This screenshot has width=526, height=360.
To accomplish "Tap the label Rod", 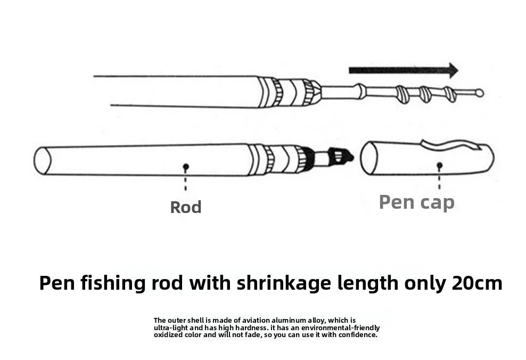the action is coord(186,207).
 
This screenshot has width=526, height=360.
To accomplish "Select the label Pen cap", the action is coord(417,202).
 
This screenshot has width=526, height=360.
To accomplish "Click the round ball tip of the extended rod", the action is coord(480,93).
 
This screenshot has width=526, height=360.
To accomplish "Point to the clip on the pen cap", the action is coord(449,145).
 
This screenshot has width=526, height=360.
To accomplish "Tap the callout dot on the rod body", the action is coord(185,167).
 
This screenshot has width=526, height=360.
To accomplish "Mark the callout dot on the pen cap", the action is coord(439,166).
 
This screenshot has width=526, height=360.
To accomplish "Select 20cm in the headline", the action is coord(476,282).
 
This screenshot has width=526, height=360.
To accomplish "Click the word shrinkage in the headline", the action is coord(284,283).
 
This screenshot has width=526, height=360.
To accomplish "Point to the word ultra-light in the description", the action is coord(171,328).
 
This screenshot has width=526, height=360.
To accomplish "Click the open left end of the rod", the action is coord(42,161).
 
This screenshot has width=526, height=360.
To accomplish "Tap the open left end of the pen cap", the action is coord(369,158).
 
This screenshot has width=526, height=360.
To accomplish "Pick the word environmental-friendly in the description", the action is coord(340,328).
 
